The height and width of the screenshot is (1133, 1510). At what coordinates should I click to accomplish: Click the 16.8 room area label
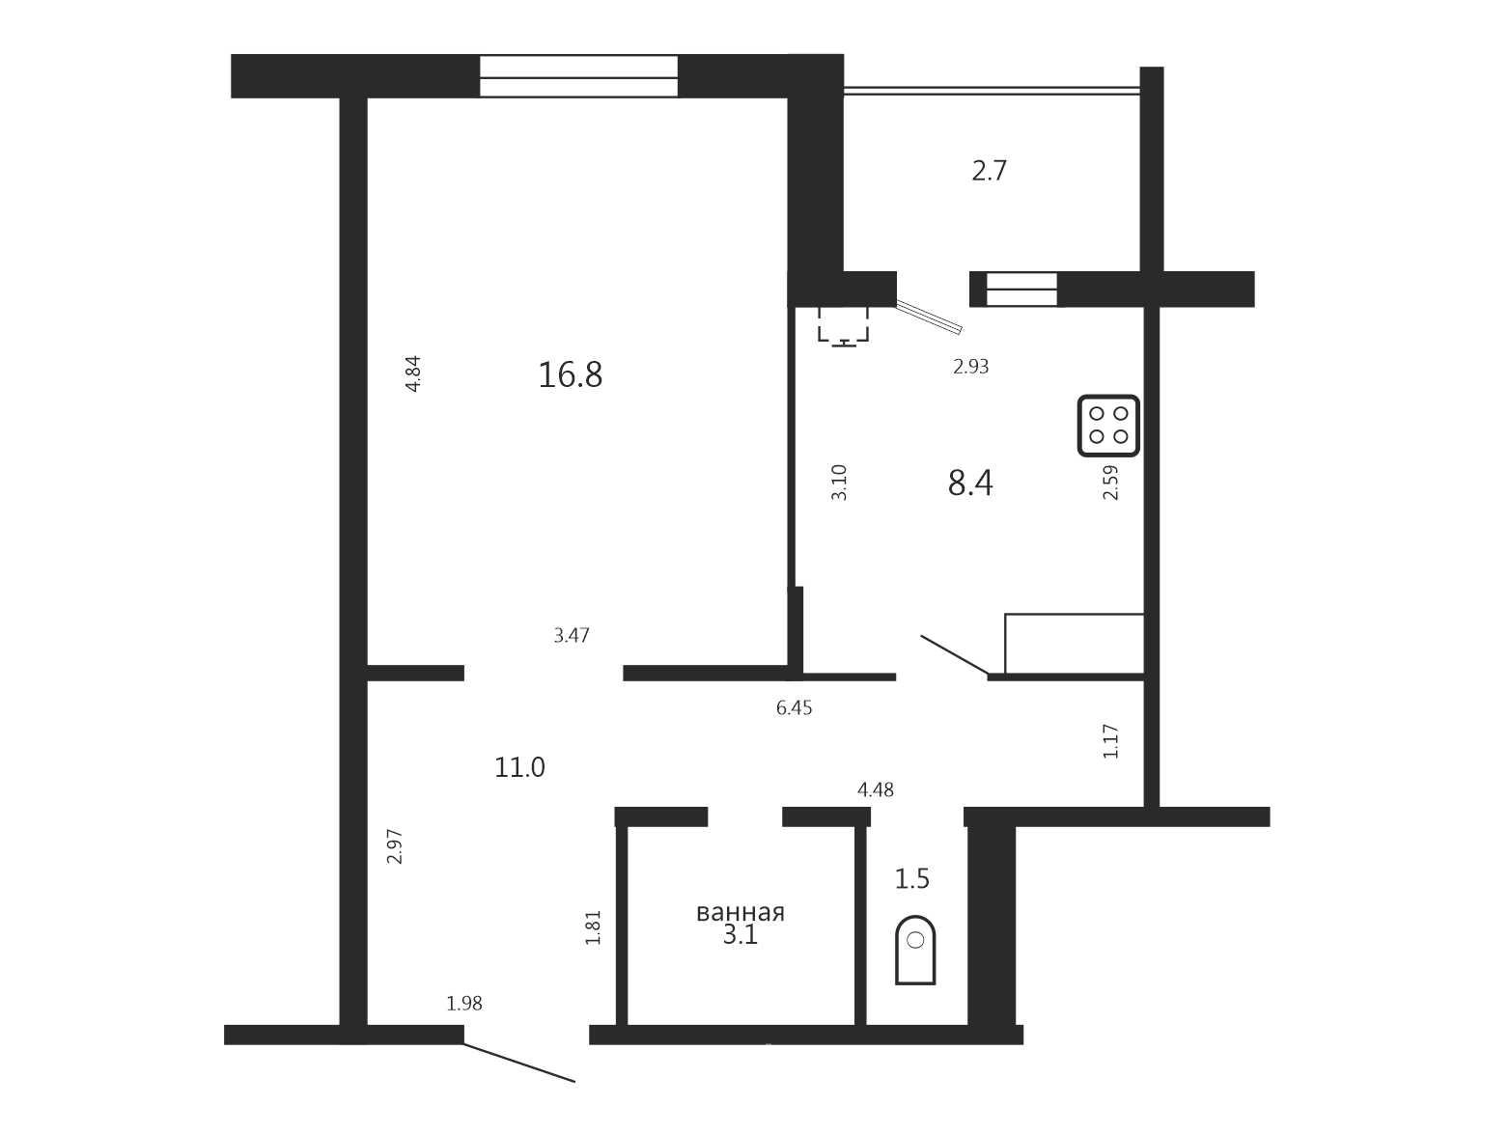(570, 375)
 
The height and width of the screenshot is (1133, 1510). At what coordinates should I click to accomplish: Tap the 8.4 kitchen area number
(970, 483)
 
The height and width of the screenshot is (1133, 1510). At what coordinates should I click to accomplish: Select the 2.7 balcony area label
(990, 171)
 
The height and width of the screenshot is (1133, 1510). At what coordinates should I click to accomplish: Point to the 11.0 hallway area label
(519, 767)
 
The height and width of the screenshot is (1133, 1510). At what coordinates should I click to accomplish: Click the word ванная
(741, 913)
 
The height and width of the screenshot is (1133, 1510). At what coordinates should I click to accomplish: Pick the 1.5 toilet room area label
(912, 878)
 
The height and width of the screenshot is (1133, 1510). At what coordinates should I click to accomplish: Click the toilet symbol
(915, 951)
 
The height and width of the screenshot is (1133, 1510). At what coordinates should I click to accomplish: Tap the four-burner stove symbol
(1108, 426)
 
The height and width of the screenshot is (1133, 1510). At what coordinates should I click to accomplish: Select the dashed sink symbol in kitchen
(844, 326)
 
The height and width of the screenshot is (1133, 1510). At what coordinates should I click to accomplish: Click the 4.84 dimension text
(413, 373)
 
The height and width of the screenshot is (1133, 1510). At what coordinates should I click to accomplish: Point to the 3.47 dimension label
(571, 635)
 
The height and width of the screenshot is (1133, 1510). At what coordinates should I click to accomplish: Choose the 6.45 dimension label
(794, 708)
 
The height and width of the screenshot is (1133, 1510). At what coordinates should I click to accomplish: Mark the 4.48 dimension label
(875, 790)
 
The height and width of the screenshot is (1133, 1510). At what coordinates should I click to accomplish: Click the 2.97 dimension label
(394, 847)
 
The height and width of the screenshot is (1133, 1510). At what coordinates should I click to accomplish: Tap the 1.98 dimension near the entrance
(464, 1004)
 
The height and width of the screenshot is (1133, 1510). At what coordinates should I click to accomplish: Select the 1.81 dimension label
(593, 927)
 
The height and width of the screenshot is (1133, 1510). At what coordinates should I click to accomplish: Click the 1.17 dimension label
(1110, 742)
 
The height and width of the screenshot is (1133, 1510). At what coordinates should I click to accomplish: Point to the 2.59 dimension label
(1110, 483)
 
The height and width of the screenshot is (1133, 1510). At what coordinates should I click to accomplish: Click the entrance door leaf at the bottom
(518, 1063)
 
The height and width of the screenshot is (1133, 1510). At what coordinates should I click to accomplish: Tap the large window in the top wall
(578, 76)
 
